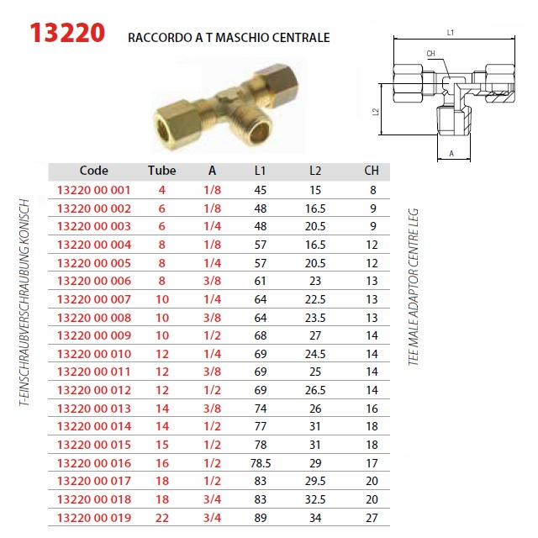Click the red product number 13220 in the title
pyautogui.click(x=67, y=33)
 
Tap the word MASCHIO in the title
pyautogui.click(x=241, y=37)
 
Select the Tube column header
pyautogui.click(x=162, y=171)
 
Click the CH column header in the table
pyautogui.click(x=372, y=171)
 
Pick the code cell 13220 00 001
pyautogui.click(x=93, y=190)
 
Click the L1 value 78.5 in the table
pyautogui.click(x=261, y=463)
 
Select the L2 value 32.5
pyautogui.click(x=315, y=499)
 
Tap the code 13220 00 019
pyautogui.click(x=94, y=518)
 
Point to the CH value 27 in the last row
pyautogui.click(x=372, y=518)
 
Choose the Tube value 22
pyautogui.click(x=162, y=518)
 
